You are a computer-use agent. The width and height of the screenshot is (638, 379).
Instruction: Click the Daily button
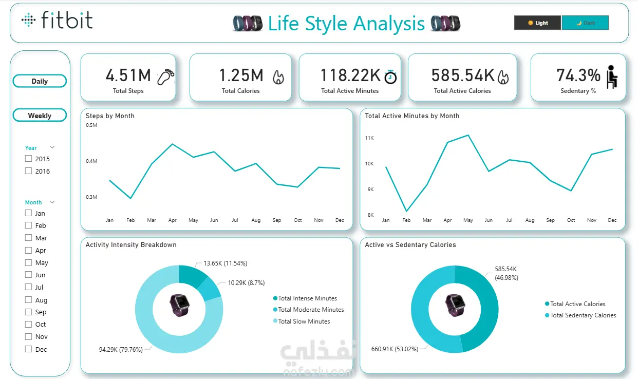(x=40, y=81)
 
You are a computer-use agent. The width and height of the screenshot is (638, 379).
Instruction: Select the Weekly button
(x=40, y=116)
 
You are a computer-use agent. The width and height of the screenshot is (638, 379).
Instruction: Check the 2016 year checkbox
(x=29, y=171)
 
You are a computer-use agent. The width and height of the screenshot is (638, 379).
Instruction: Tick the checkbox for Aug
(x=29, y=300)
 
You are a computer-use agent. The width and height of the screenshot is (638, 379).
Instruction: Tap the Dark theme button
(x=585, y=23)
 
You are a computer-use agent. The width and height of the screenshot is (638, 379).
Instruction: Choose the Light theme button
(x=537, y=23)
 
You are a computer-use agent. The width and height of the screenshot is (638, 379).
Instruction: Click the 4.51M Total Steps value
(x=128, y=75)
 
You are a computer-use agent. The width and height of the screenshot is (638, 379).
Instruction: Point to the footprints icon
(x=165, y=77)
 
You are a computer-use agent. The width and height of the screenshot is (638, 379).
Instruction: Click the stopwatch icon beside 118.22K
(x=390, y=76)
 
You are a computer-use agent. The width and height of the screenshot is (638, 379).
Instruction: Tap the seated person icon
(x=611, y=77)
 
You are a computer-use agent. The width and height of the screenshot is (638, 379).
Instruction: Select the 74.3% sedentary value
(x=578, y=75)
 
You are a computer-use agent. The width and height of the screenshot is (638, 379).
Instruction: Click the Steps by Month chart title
(x=110, y=116)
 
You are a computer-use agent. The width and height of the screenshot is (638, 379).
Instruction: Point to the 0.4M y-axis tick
(x=91, y=161)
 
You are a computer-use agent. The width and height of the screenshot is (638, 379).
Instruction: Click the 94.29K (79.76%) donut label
(x=121, y=350)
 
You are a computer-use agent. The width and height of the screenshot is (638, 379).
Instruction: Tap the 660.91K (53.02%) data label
(x=394, y=349)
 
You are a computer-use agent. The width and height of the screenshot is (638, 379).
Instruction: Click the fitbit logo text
(x=67, y=21)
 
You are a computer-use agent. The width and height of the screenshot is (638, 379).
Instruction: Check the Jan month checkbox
(x=29, y=213)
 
